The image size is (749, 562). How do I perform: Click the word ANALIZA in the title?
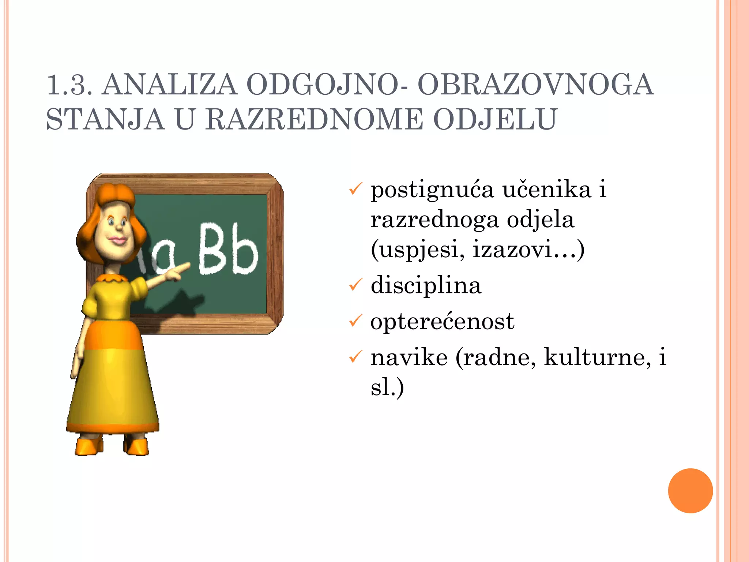169,85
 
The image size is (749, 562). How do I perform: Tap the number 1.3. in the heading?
69,85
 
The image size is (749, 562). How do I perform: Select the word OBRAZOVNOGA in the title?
535,85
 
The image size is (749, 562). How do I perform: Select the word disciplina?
426,285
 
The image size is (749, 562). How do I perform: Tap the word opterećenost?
442,322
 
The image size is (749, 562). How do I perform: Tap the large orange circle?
690,491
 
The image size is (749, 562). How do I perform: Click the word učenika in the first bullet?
546,190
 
